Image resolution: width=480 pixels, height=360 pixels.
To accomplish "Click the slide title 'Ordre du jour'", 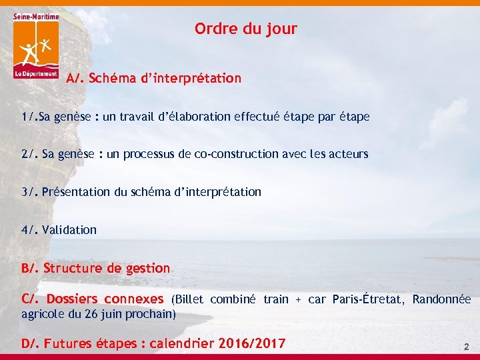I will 245,29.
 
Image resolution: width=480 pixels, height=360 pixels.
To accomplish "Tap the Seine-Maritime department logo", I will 36,45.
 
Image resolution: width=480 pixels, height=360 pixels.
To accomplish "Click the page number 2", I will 467,347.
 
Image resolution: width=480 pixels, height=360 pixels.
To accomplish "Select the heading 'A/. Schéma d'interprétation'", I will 153,79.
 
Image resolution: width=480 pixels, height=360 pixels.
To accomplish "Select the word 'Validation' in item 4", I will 69,230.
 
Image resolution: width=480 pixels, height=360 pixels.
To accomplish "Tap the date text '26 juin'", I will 104,313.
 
